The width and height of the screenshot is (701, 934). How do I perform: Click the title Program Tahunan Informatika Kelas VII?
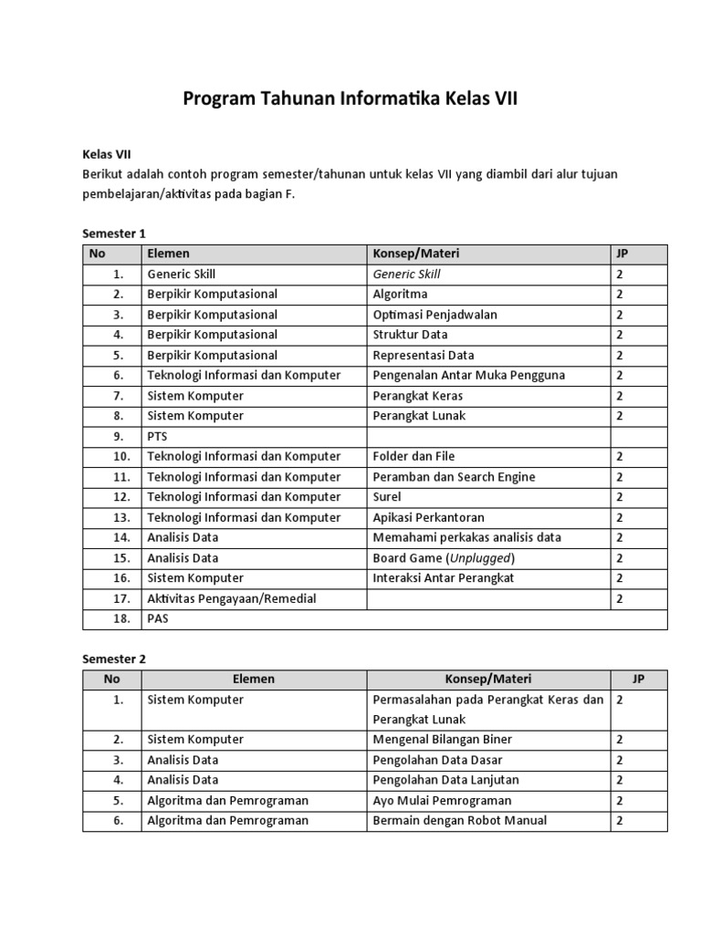pyautogui.click(x=350, y=99)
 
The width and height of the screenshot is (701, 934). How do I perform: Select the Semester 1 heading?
pyautogui.click(x=114, y=233)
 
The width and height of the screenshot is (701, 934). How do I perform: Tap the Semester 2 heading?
pyautogui.click(x=114, y=659)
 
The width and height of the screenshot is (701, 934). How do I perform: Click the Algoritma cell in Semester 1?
pyautogui.click(x=400, y=295)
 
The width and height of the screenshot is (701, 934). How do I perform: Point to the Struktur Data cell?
pyautogui.click(x=410, y=335)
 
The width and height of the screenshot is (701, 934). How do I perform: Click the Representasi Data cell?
pyautogui.click(x=423, y=355)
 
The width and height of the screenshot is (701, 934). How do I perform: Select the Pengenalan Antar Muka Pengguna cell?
pyautogui.click(x=468, y=375)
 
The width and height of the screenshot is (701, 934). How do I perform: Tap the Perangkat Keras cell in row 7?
pyautogui.click(x=417, y=396)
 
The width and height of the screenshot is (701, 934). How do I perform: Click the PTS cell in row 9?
pyautogui.click(x=158, y=436)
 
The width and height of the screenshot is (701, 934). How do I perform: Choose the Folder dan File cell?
pyautogui.click(x=413, y=456)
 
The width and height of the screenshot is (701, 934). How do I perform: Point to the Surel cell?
pyautogui.click(x=387, y=497)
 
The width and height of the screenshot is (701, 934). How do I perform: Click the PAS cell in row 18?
pyautogui.click(x=158, y=618)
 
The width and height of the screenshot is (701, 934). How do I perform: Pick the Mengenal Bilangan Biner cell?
pyautogui.click(x=442, y=739)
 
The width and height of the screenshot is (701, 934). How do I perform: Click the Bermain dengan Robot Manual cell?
pyautogui.click(x=459, y=820)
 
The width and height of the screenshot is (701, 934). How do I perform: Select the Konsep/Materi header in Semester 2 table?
pyautogui.click(x=487, y=680)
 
